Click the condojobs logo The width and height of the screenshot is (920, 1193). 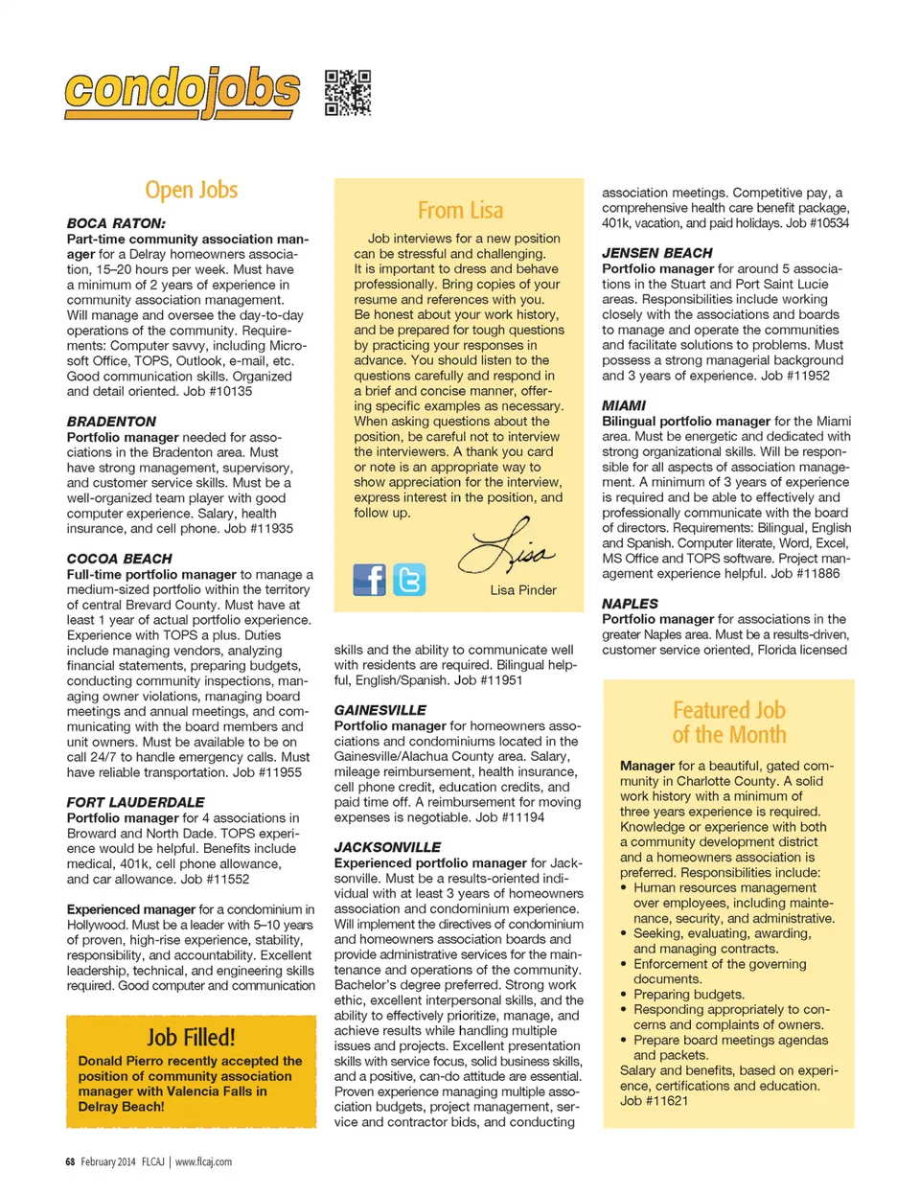(x=182, y=92)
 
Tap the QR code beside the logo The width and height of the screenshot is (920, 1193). (x=347, y=93)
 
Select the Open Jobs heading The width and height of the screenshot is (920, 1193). (x=191, y=190)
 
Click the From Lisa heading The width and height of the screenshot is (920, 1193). (x=460, y=210)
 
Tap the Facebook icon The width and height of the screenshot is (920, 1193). (x=369, y=580)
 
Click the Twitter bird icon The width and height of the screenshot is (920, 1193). (x=409, y=580)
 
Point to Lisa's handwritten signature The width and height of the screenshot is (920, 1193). (x=506, y=549)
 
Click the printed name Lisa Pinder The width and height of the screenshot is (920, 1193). (x=523, y=590)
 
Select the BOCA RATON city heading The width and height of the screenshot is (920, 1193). (x=116, y=223)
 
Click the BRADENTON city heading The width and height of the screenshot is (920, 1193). (x=111, y=422)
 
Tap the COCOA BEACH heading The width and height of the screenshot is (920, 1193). (x=120, y=559)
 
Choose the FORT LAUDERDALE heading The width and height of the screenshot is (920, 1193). (x=136, y=802)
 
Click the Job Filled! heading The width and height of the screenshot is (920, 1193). (x=191, y=1037)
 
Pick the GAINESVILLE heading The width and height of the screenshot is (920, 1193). (x=380, y=710)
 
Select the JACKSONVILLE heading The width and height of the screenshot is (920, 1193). (x=388, y=847)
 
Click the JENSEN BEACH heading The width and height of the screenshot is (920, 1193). (x=657, y=253)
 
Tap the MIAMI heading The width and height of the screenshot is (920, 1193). (x=624, y=405)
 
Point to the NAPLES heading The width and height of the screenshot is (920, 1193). (x=630, y=604)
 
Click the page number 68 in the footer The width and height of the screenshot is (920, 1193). (x=70, y=1161)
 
